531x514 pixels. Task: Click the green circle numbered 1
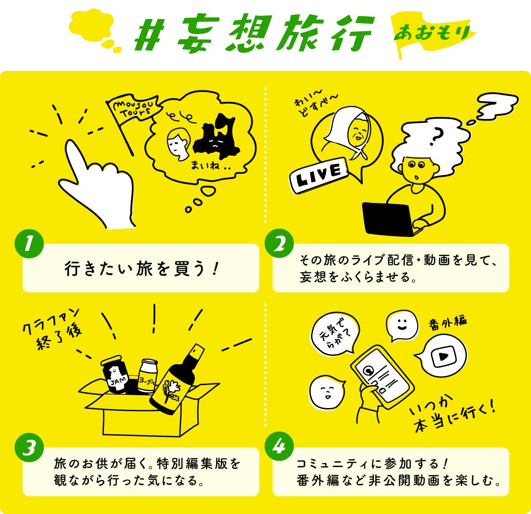click(x=29, y=243)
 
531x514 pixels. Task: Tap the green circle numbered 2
click(x=279, y=243)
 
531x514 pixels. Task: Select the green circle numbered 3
click(x=29, y=448)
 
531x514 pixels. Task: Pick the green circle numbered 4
click(x=279, y=448)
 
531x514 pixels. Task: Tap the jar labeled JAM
click(x=115, y=374)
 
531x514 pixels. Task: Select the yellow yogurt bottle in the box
click(x=148, y=376)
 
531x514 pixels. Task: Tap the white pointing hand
click(x=98, y=186)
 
